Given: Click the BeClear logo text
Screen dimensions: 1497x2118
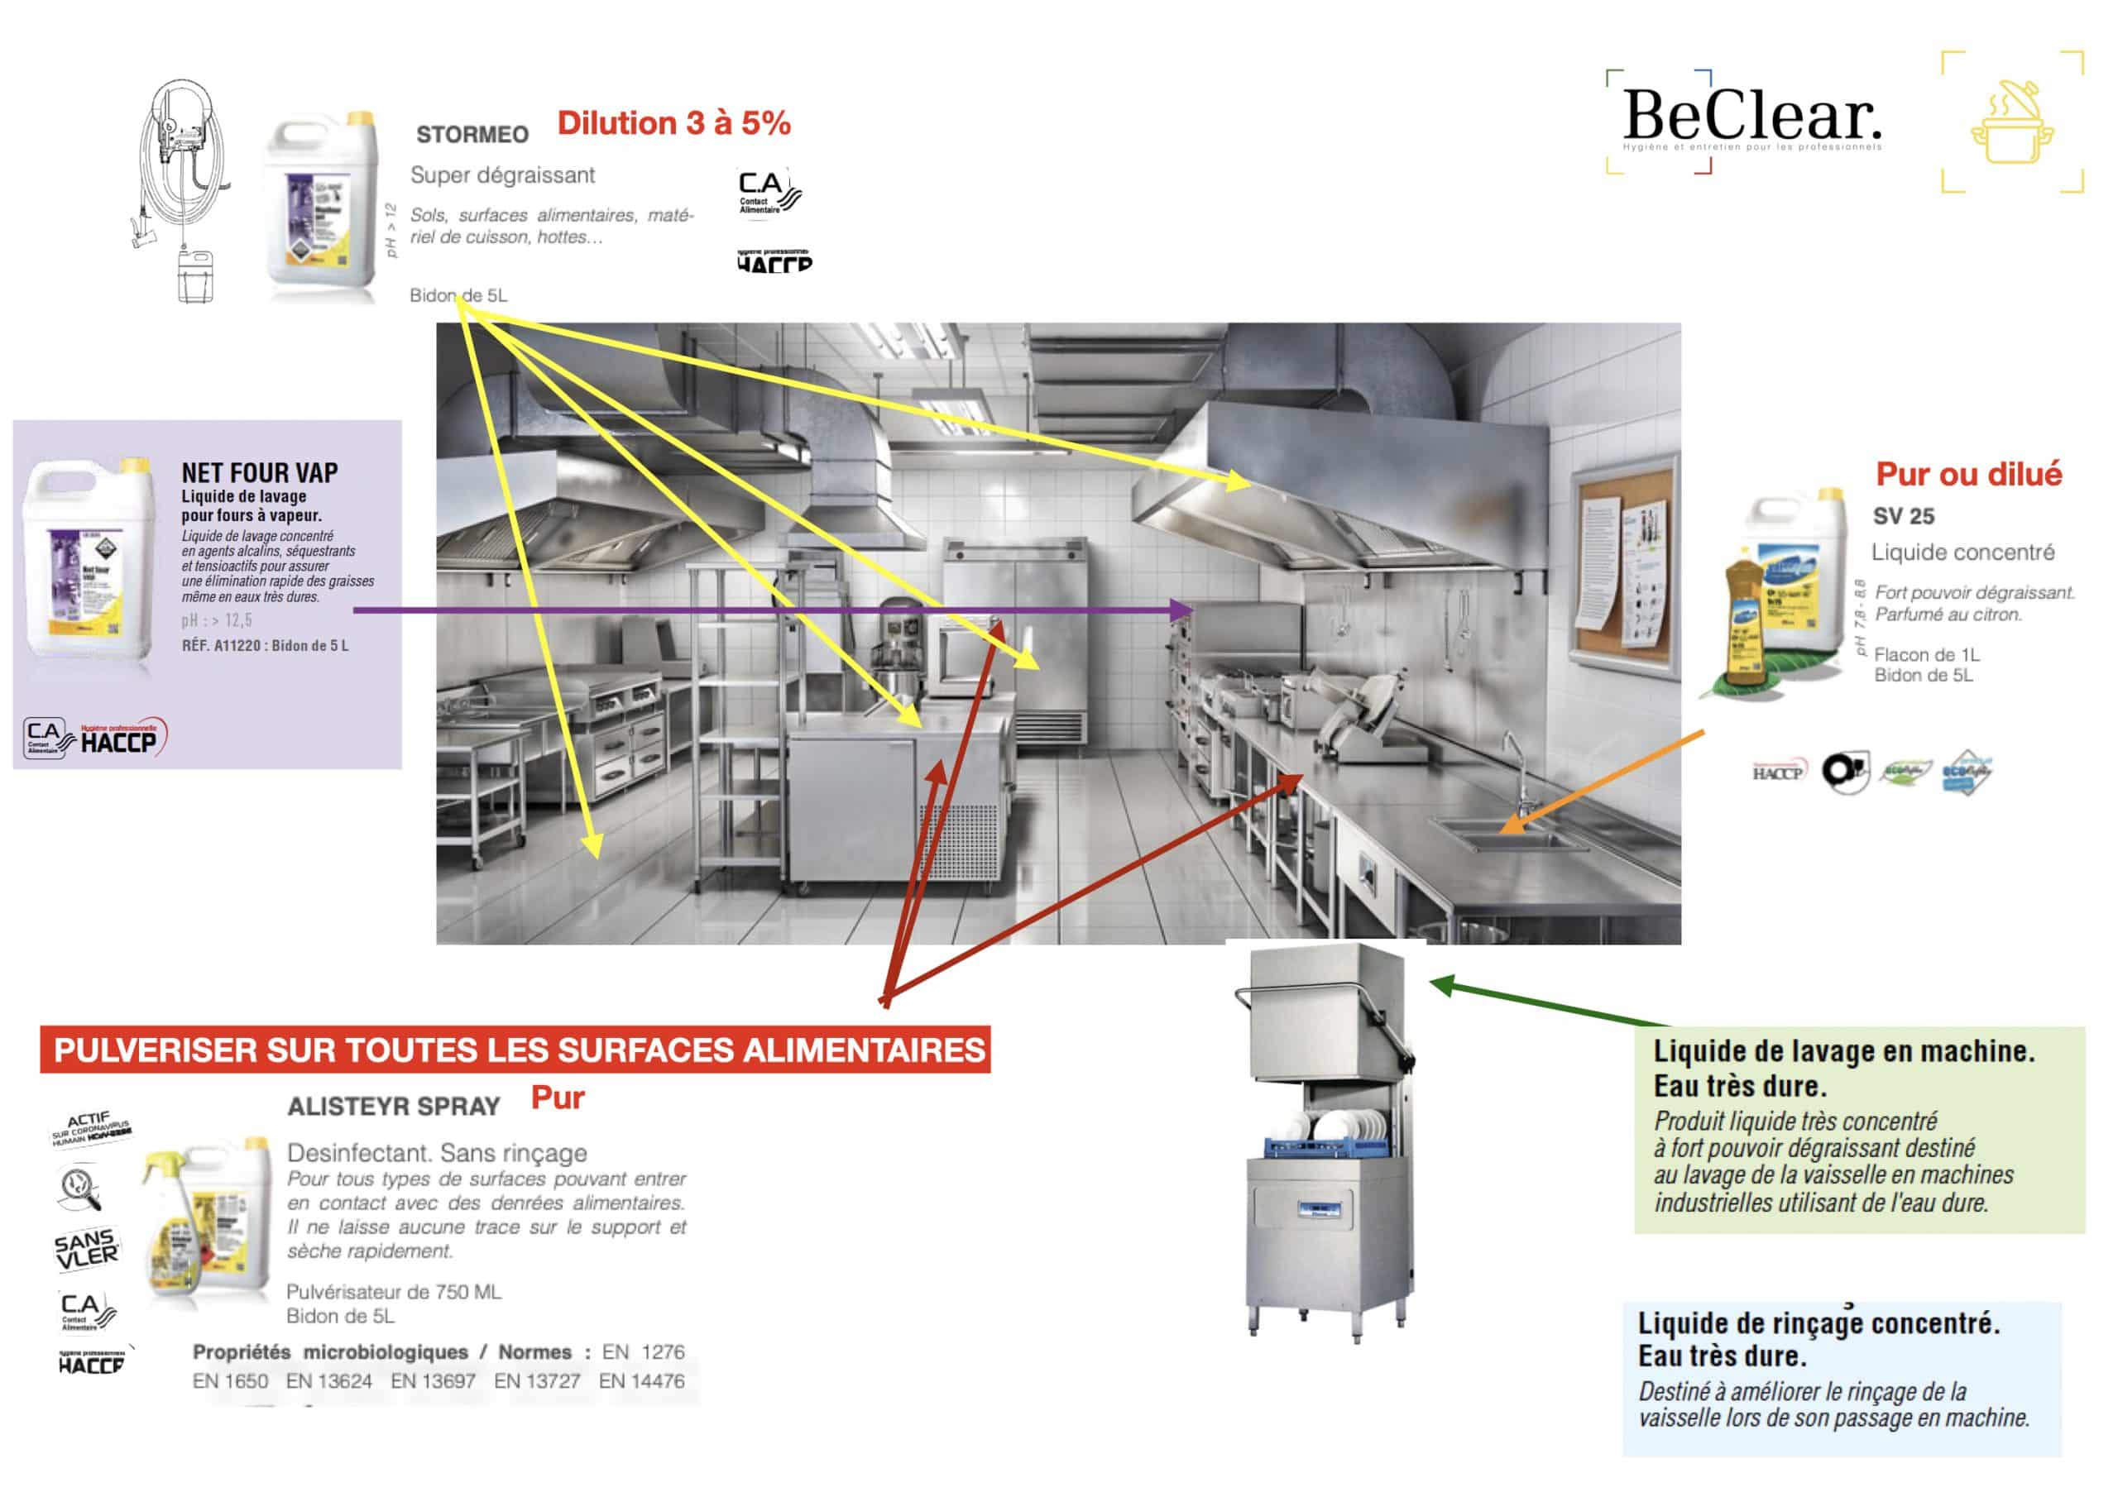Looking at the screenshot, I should [1750, 117].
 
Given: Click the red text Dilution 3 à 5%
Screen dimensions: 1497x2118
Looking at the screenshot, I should [673, 123].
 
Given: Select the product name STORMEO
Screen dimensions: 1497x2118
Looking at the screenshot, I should [472, 135].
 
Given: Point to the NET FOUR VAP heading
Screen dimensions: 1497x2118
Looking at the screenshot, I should [259, 473].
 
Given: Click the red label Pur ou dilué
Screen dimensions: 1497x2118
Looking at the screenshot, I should [1967, 474].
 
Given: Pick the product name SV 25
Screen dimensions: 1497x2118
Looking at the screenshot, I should [1902, 517].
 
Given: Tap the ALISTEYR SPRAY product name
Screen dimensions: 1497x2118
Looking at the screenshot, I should [393, 1106].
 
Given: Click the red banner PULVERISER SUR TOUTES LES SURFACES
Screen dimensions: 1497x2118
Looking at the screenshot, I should [515, 1050].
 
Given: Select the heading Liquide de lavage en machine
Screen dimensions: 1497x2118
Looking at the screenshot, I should [1842, 1050].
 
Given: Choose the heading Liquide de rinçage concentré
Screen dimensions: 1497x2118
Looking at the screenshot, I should [1818, 1322].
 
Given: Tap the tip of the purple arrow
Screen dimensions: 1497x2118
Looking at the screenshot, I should [1193, 610].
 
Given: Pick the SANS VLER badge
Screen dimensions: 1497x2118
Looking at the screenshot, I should [86, 1249].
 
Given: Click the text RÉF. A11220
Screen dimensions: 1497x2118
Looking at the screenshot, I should [222, 646].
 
